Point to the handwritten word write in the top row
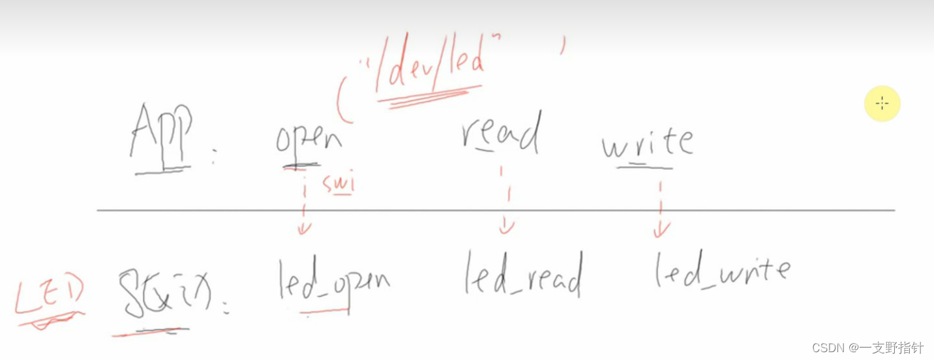[x=646, y=142]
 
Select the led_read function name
[x=522, y=275]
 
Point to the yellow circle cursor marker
[x=882, y=104]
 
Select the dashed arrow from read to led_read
[x=506, y=199]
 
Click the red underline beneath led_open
[x=324, y=311]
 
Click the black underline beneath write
[x=644, y=167]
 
